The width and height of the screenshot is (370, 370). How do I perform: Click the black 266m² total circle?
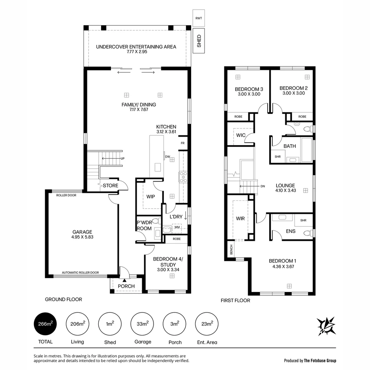[x=45, y=324]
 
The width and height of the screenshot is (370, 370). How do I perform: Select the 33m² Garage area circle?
[x=143, y=324]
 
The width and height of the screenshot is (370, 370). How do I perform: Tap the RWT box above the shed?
[x=199, y=18]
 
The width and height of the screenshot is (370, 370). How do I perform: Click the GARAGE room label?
[x=82, y=232]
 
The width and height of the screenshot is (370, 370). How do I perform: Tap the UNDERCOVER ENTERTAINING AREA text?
[x=136, y=47]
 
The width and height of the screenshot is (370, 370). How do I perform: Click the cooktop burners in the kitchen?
[x=183, y=177]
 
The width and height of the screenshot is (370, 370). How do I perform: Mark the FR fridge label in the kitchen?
[x=183, y=143]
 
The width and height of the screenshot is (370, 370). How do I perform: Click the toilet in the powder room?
[x=156, y=221]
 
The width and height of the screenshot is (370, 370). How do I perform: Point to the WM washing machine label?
[x=177, y=227]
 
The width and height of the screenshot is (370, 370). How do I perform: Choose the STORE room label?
[x=110, y=186]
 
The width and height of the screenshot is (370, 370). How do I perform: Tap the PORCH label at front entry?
[x=126, y=286]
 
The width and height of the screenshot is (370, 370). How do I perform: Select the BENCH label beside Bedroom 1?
[x=231, y=249]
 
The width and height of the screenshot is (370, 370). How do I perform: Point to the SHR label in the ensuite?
[x=303, y=220]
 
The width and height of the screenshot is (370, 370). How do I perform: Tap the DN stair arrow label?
[x=262, y=186]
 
